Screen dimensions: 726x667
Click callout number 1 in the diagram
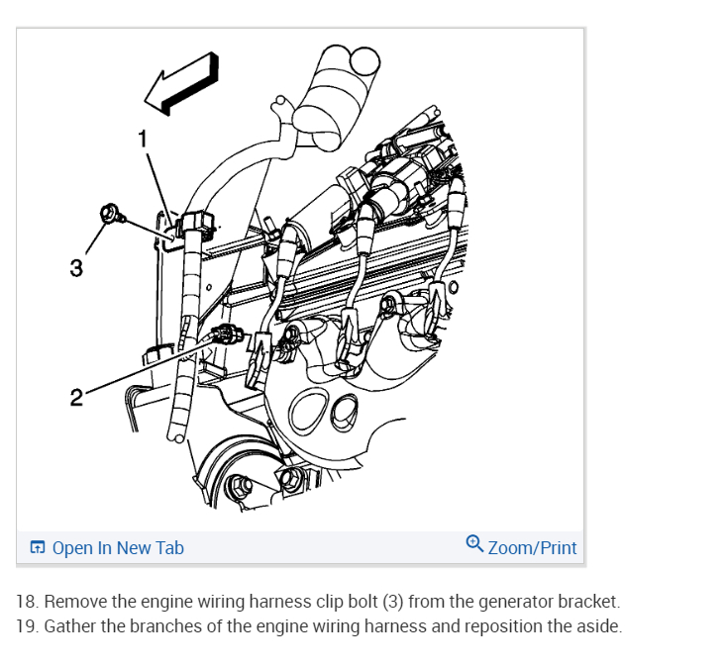(143, 140)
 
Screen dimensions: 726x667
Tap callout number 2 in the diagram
(75, 398)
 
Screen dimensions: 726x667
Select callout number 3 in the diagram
(76, 267)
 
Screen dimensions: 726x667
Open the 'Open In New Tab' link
(117, 547)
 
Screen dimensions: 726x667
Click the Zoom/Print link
(532, 547)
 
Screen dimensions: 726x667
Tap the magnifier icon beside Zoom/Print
(474, 545)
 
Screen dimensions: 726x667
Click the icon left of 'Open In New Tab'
(37, 547)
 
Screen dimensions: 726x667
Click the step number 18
(27, 602)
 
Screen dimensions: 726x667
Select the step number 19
(27, 626)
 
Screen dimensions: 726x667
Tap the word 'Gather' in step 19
(70, 626)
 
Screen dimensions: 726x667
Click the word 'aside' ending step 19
(599, 626)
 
